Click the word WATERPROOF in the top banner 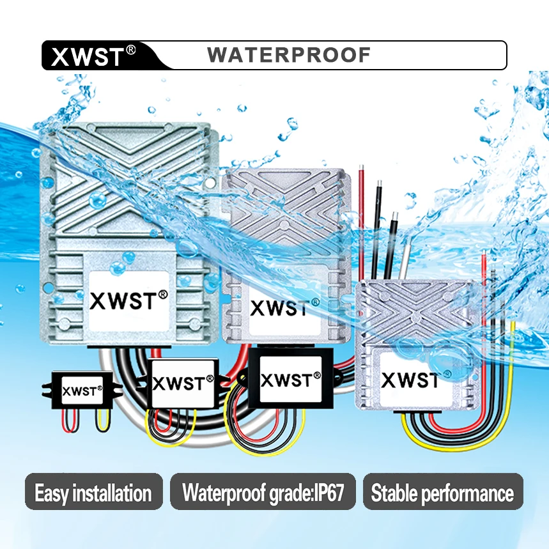coord(289,55)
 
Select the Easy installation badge coord(94,491)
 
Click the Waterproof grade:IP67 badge coord(263,491)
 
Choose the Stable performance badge coord(443,491)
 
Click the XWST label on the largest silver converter coord(128,300)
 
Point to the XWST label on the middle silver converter coord(284,307)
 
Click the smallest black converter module coord(82,390)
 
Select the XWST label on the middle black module coord(183,383)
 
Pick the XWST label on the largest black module coord(291,380)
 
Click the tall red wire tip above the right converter coord(361,167)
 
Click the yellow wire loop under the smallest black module coord(103,420)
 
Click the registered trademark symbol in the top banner coord(130,50)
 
